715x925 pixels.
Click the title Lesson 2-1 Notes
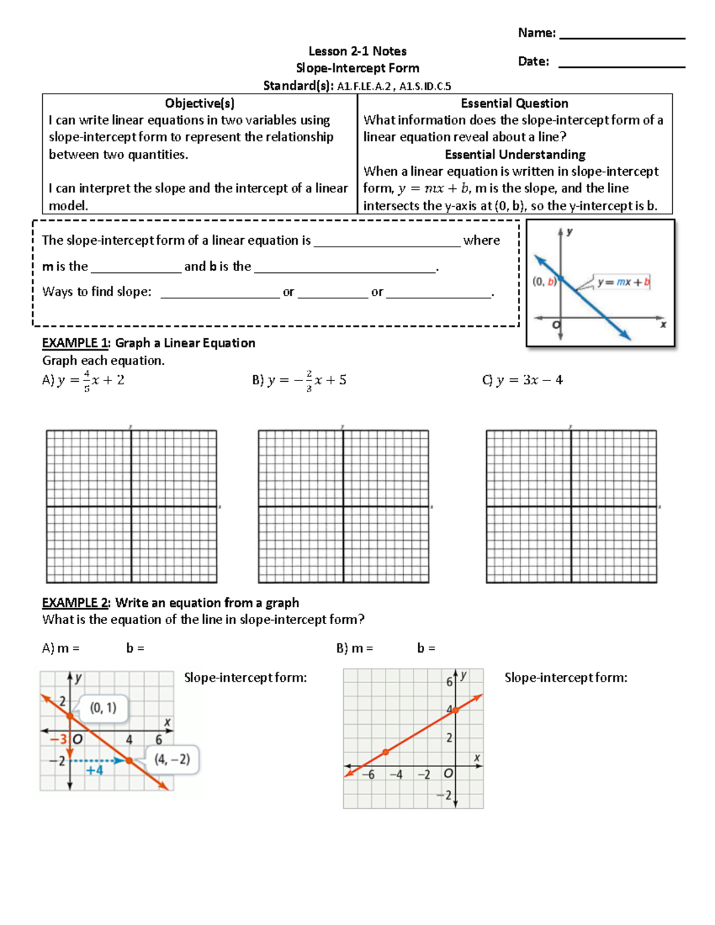pyautogui.click(x=357, y=51)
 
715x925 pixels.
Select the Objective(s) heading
pyautogui.click(x=200, y=103)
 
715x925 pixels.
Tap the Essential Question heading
pyautogui.click(x=514, y=103)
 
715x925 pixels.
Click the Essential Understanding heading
pyautogui.click(x=515, y=155)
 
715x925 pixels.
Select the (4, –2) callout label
pyautogui.click(x=172, y=759)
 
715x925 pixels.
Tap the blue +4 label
pyautogui.click(x=94, y=771)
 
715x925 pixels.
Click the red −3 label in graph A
pyautogui.click(x=58, y=740)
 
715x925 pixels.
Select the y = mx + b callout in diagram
pyautogui.click(x=623, y=282)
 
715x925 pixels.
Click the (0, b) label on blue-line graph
pyautogui.click(x=544, y=282)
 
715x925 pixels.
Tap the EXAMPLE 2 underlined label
pyautogui.click(x=75, y=603)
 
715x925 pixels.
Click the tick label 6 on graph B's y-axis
pyautogui.click(x=449, y=682)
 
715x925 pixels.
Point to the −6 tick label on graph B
pyautogui.click(x=368, y=774)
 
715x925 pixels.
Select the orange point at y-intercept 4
pyautogui.click(x=455, y=710)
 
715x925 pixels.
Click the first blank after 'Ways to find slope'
pyautogui.click(x=220, y=293)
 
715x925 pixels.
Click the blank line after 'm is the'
pyautogui.click(x=135, y=267)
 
